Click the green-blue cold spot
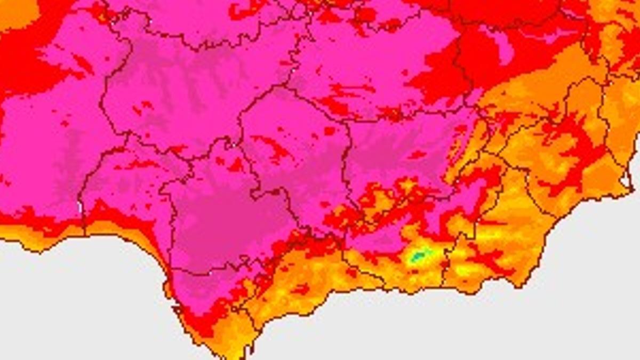point(418,257)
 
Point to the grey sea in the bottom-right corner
point(587,309)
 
